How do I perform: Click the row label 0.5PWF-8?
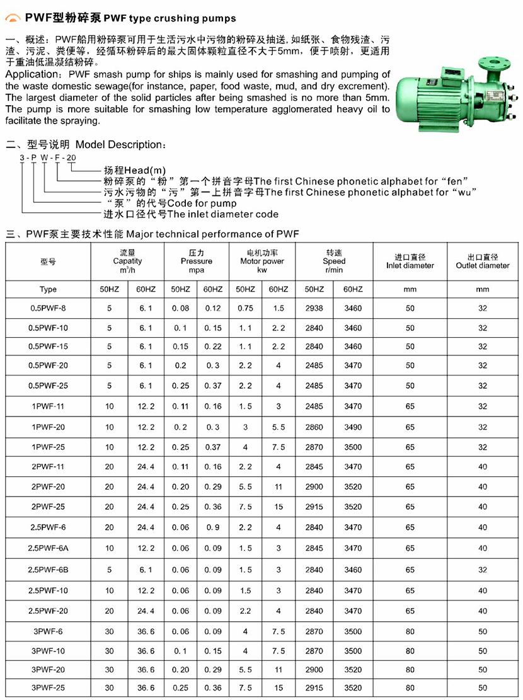click(48, 309)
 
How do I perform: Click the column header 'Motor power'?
click(262, 261)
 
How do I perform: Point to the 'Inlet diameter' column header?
click(410, 265)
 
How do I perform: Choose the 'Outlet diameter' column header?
click(483, 265)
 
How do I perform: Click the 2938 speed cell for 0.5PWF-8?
click(314, 309)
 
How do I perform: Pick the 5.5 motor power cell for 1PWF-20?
click(279, 427)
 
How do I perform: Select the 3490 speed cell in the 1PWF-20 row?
click(353, 427)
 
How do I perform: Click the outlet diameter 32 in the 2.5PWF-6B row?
click(483, 570)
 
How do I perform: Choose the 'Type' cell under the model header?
click(48, 289)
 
